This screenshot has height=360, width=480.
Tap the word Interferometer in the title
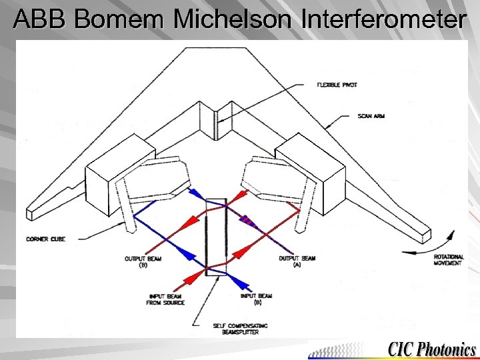384,20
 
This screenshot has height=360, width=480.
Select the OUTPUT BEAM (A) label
297,261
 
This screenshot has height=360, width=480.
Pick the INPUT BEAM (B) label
256,299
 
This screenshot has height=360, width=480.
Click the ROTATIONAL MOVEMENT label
449,260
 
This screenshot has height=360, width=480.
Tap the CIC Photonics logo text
432,349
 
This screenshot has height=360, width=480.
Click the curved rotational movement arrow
442,241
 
